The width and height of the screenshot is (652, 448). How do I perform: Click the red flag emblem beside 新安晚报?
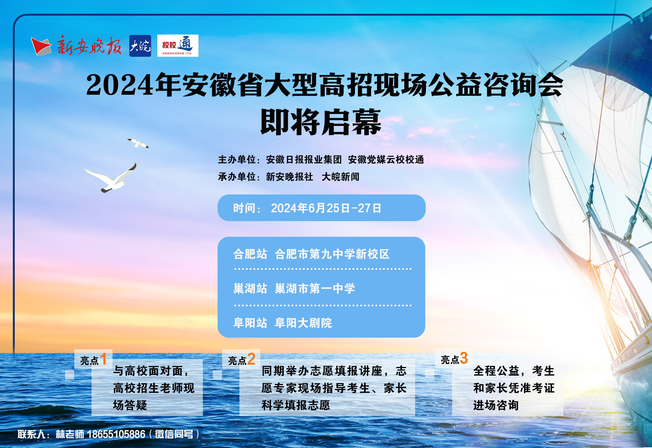(x=41, y=46)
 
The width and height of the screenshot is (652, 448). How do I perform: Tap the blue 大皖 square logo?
(x=140, y=46)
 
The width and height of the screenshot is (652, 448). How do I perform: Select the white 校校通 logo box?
(x=178, y=46)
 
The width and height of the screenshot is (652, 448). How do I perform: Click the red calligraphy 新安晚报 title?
(x=89, y=46)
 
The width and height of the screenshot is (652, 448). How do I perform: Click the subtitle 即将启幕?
(x=321, y=122)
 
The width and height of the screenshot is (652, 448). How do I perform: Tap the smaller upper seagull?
(x=138, y=143)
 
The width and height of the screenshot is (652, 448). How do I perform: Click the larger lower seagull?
(x=111, y=178)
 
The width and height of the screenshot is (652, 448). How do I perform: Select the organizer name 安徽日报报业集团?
(x=304, y=160)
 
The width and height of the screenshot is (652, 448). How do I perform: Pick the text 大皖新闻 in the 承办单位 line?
(x=341, y=177)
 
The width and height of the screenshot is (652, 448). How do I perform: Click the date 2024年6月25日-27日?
(x=326, y=208)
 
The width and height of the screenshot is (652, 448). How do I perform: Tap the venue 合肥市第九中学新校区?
(x=332, y=254)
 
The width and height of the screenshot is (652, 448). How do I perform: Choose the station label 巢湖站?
(x=250, y=288)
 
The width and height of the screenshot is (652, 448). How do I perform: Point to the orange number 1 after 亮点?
(x=103, y=359)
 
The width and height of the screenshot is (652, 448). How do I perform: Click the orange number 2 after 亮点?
(x=251, y=359)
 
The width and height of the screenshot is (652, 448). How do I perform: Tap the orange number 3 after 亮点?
(x=464, y=358)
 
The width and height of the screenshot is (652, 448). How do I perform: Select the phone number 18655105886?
(x=116, y=434)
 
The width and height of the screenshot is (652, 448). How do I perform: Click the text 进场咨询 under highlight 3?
(x=496, y=405)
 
